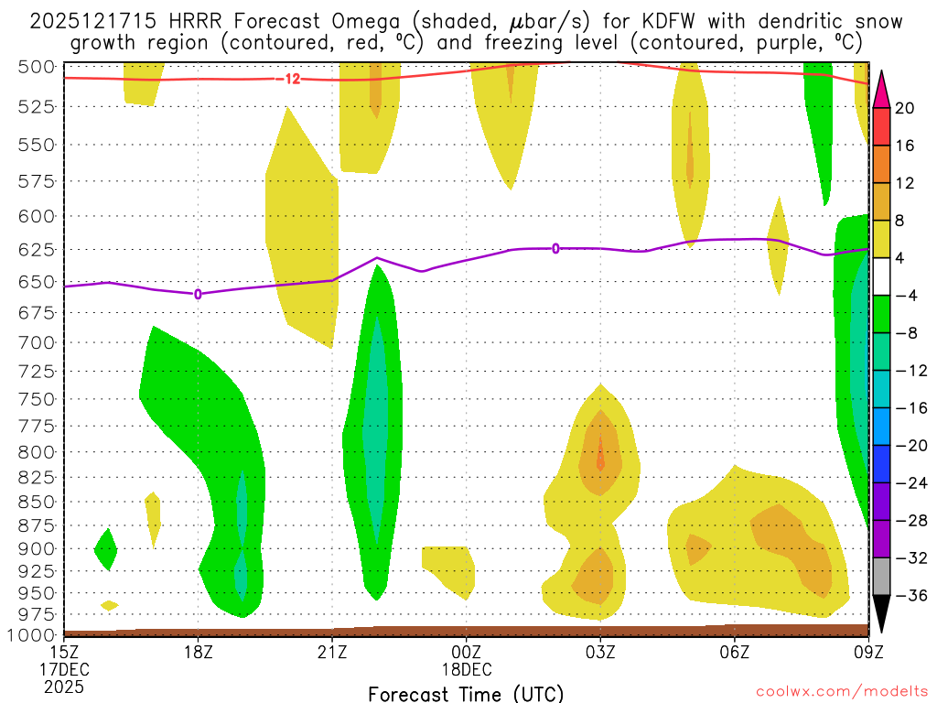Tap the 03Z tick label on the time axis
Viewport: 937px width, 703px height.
600,652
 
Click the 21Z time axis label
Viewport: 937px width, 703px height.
332,652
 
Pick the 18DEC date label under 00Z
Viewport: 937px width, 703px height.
467,669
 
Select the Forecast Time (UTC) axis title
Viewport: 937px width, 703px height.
466,693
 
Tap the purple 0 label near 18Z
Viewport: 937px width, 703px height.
198,294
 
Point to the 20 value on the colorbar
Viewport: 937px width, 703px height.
905,109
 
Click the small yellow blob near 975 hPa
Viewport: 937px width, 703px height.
110,605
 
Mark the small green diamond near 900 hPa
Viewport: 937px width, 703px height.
106,549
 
